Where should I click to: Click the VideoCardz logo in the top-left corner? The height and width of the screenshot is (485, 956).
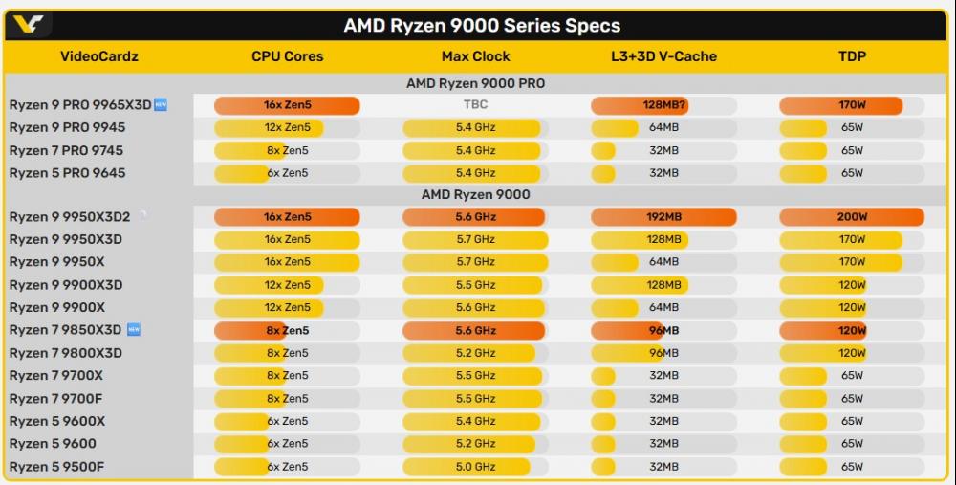(28, 25)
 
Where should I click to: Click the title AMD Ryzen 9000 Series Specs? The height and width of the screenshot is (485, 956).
(482, 26)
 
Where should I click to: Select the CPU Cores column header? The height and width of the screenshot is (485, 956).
(287, 56)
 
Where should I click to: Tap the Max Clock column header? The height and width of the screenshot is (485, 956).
(475, 56)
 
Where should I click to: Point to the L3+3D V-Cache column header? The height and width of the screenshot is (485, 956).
(663, 56)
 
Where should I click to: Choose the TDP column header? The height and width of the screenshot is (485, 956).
(852, 56)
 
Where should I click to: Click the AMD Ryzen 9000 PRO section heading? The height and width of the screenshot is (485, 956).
(475, 83)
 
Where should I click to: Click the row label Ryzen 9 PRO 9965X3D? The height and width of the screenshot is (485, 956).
(80, 105)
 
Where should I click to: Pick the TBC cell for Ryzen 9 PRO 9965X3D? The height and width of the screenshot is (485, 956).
(475, 105)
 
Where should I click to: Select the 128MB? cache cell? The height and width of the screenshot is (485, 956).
(663, 105)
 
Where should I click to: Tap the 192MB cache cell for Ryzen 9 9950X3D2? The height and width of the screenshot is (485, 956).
(663, 217)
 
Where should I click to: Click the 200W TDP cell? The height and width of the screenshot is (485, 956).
(852, 217)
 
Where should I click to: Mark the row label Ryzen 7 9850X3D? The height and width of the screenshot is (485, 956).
(66, 330)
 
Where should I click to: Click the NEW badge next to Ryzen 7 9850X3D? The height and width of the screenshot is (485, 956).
(134, 330)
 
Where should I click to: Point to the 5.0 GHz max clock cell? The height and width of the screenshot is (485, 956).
(475, 467)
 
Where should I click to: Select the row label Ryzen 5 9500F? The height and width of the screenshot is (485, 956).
(57, 467)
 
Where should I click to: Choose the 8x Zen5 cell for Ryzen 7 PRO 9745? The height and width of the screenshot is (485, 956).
(287, 150)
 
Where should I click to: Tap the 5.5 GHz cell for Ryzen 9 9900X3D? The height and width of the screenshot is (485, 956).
(475, 285)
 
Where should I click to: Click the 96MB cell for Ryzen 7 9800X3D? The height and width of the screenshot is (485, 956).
(663, 353)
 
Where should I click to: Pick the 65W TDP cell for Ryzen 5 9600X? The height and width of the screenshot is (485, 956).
(852, 421)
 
